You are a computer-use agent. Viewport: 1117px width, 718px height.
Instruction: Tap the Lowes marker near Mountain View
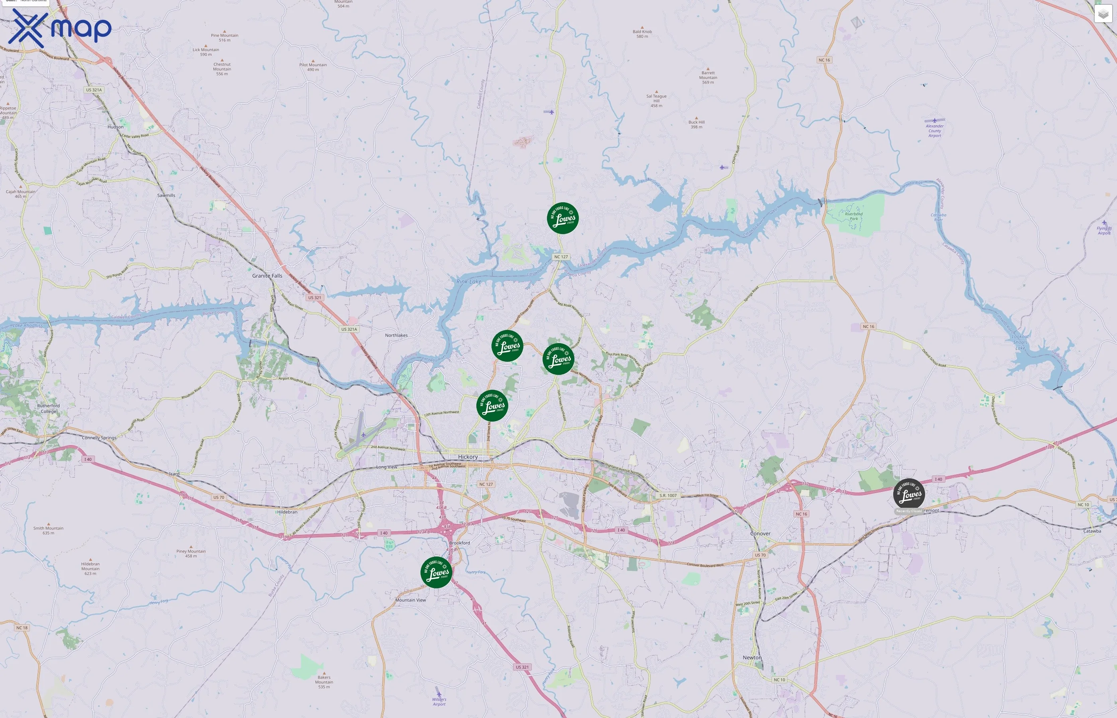coord(436,572)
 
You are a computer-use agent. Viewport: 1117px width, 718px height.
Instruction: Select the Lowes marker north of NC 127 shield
coord(563,218)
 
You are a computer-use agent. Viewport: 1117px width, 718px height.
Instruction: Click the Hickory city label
coord(468,457)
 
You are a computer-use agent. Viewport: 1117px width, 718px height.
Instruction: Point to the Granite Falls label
coord(267,276)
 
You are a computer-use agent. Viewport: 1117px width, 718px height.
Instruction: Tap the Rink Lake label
coord(468,282)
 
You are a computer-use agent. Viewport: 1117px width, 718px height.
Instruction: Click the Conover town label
coord(760,533)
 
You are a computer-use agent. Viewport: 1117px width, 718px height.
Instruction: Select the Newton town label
coord(752,657)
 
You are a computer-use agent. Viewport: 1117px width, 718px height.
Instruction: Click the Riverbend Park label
coord(854,216)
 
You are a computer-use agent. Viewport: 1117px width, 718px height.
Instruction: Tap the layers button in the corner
coord(1103,14)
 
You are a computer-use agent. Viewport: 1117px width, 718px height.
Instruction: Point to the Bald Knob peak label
coord(642,34)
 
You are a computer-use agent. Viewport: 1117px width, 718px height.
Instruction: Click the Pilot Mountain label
coord(313,67)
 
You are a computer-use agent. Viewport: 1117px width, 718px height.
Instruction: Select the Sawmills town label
coord(166,195)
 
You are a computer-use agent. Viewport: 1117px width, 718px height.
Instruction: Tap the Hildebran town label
coord(287,512)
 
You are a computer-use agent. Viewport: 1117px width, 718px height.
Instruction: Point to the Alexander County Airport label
coord(934,130)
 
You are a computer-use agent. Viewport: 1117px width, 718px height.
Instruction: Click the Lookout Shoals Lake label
coord(1020,342)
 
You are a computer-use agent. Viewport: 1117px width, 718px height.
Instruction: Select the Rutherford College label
coord(49,408)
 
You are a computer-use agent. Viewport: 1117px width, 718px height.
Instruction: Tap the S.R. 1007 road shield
coord(668,495)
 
